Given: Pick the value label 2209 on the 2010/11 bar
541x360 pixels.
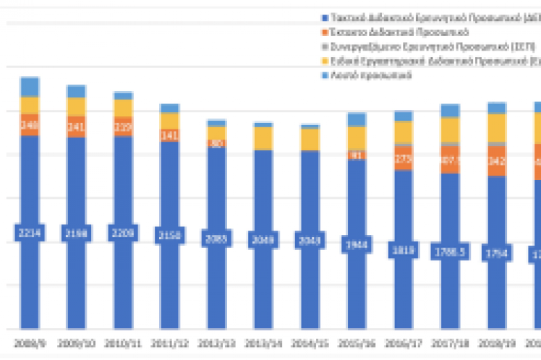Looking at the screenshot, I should pyautogui.click(x=124, y=233).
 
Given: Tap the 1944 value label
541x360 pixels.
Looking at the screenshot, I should pyautogui.click(x=356, y=245).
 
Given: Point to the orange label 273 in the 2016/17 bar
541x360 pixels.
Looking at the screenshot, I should pyautogui.click(x=403, y=158).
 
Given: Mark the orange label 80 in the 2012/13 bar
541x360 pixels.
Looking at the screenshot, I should pyautogui.click(x=216, y=143).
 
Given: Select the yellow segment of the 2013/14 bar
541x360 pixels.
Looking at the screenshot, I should pyautogui.click(x=263, y=138).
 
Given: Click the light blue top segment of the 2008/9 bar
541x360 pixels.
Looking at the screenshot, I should pyautogui.click(x=30, y=87).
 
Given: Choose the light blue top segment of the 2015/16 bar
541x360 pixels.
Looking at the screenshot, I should pyautogui.click(x=356, y=119).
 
